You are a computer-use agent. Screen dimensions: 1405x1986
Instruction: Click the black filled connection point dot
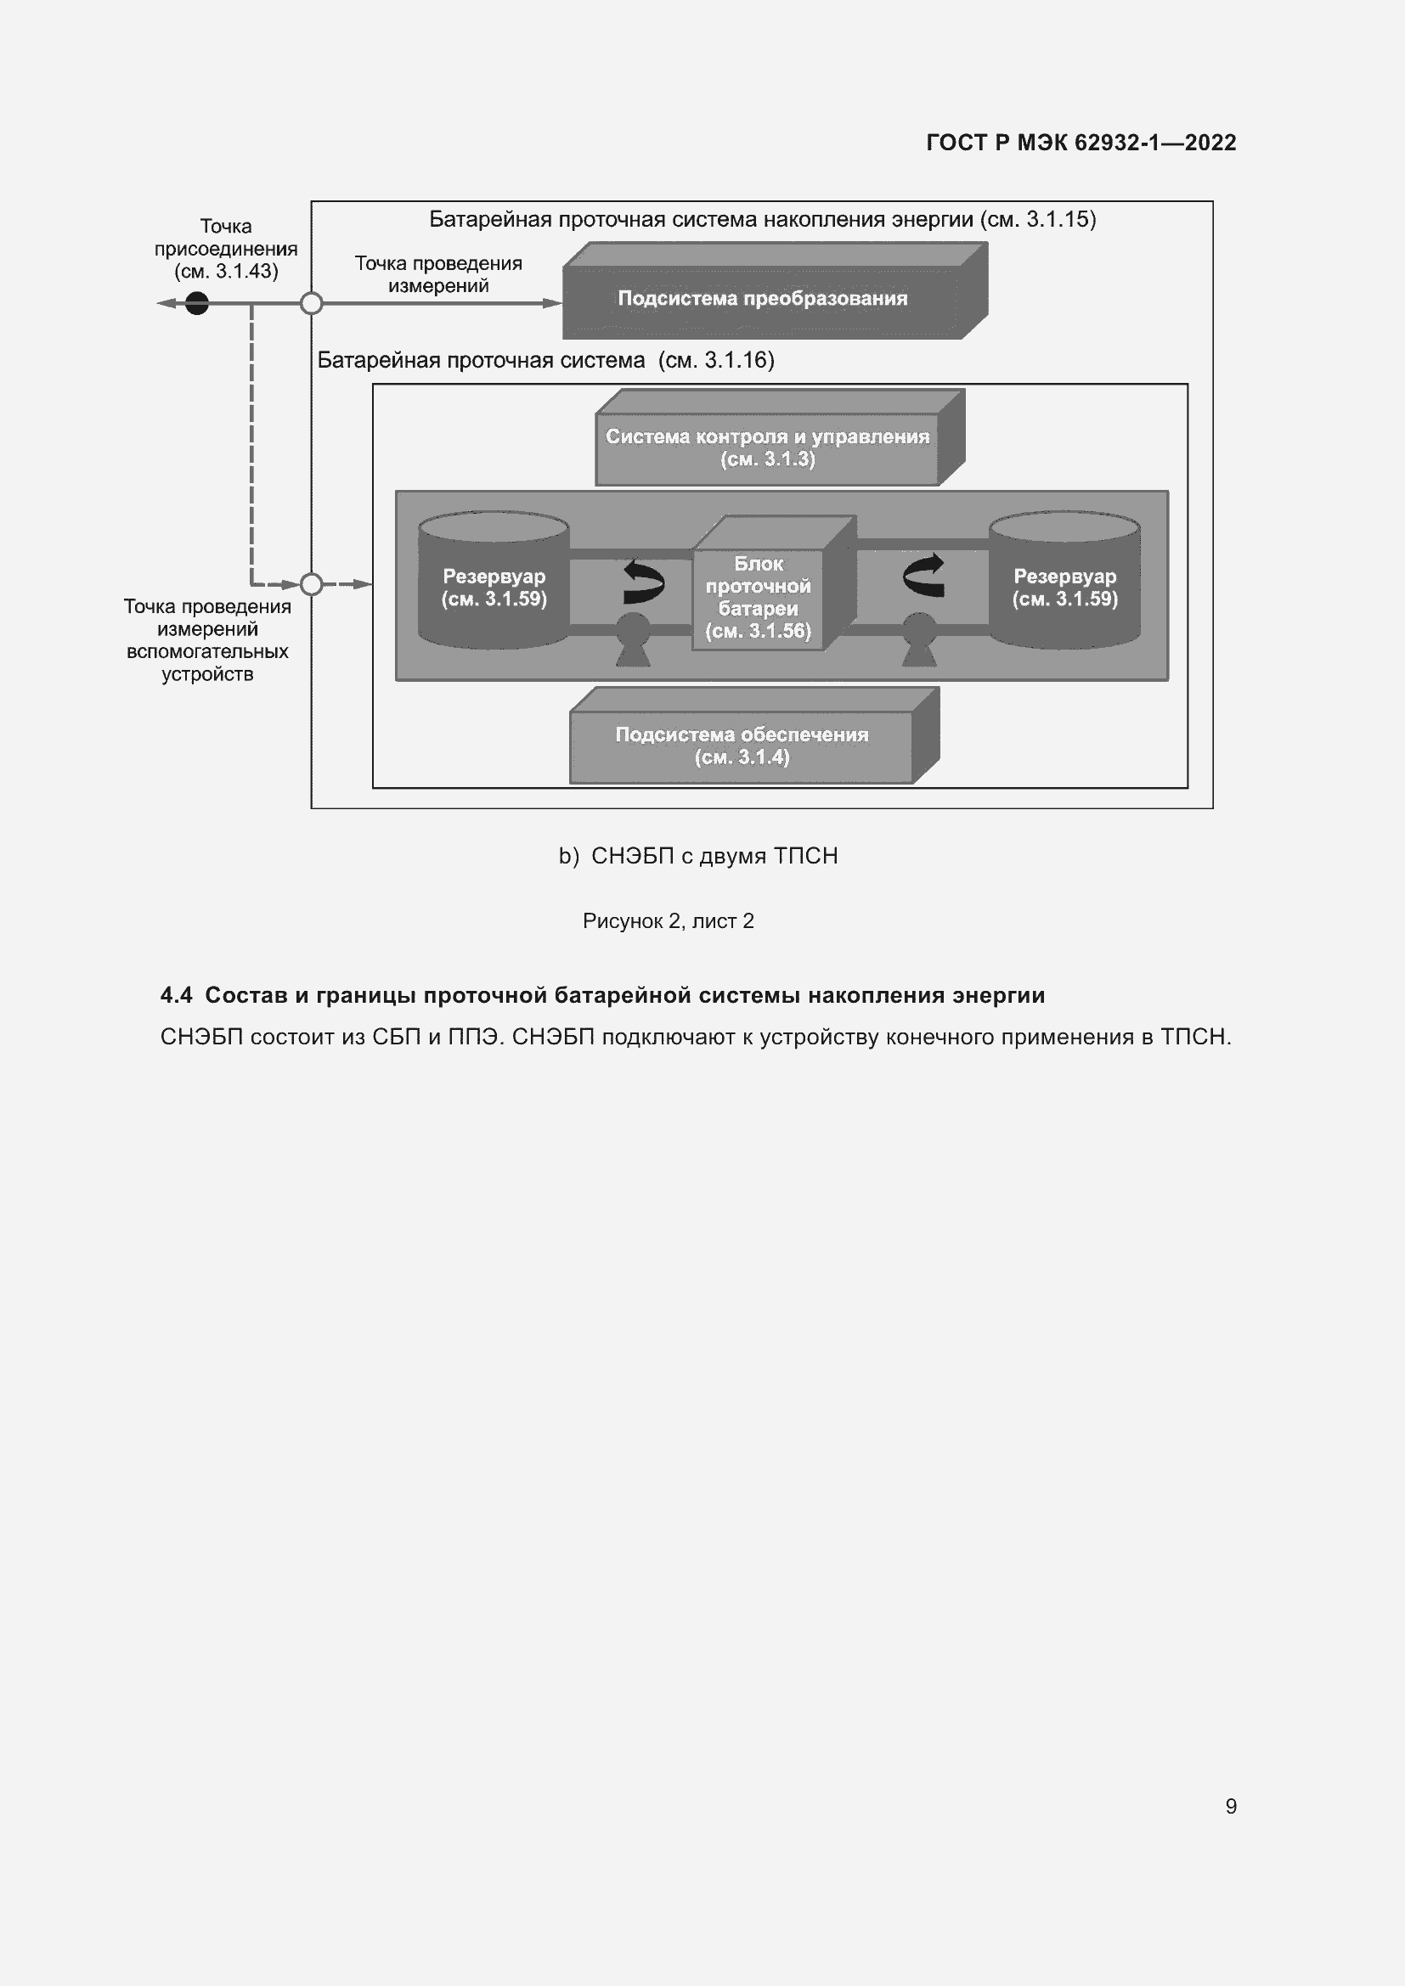[x=197, y=304]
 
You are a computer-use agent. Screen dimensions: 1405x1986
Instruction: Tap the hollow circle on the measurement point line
[x=312, y=304]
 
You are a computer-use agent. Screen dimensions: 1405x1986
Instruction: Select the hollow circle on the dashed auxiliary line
[x=312, y=585]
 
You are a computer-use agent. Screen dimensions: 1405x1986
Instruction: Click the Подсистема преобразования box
[x=762, y=299]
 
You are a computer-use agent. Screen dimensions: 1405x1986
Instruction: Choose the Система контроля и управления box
[x=767, y=447]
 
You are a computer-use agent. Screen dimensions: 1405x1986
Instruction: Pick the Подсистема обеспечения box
[x=742, y=745]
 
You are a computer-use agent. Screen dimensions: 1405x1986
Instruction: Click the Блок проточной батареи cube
[x=758, y=596]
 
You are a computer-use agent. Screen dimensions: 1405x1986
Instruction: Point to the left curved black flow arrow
[x=644, y=582]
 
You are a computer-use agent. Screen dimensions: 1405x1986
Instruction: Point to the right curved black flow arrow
[x=923, y=576]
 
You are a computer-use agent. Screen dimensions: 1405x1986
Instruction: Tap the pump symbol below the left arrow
[x=634, y=640]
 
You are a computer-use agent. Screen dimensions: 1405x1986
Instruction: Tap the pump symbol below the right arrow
[x=919, y=640]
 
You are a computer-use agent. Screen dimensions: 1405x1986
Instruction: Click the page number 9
[x=1230, y=1806]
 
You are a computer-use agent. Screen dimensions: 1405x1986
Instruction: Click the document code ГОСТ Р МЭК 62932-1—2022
[x=1081, y=143]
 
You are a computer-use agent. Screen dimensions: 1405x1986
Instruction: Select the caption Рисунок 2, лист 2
[x=668, y=921]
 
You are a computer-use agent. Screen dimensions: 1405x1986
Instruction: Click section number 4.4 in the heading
[x=177, y=996]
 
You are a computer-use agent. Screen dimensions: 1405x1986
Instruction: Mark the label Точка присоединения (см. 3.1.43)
[x=226, y=249]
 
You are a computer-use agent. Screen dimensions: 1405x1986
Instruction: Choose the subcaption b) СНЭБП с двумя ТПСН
[x=698, y=857]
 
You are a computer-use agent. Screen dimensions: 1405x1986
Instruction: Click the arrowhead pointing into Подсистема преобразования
[x=553, y=304]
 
